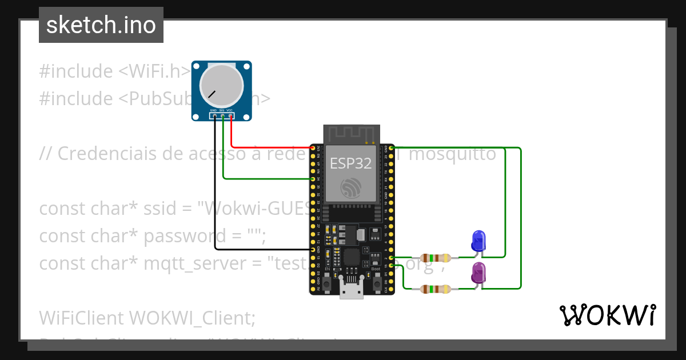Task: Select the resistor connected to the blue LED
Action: [x=436, y=257]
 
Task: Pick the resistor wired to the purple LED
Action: [x=436, y=289]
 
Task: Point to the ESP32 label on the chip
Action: [x=351, y=163]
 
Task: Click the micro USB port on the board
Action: [x=351, y=289]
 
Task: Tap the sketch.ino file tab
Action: [x=101, y=25]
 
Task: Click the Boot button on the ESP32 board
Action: [x=377, y=282]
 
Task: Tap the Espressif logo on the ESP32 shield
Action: [x=351, y=187]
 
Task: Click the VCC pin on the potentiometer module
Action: [x=230, y=117]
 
